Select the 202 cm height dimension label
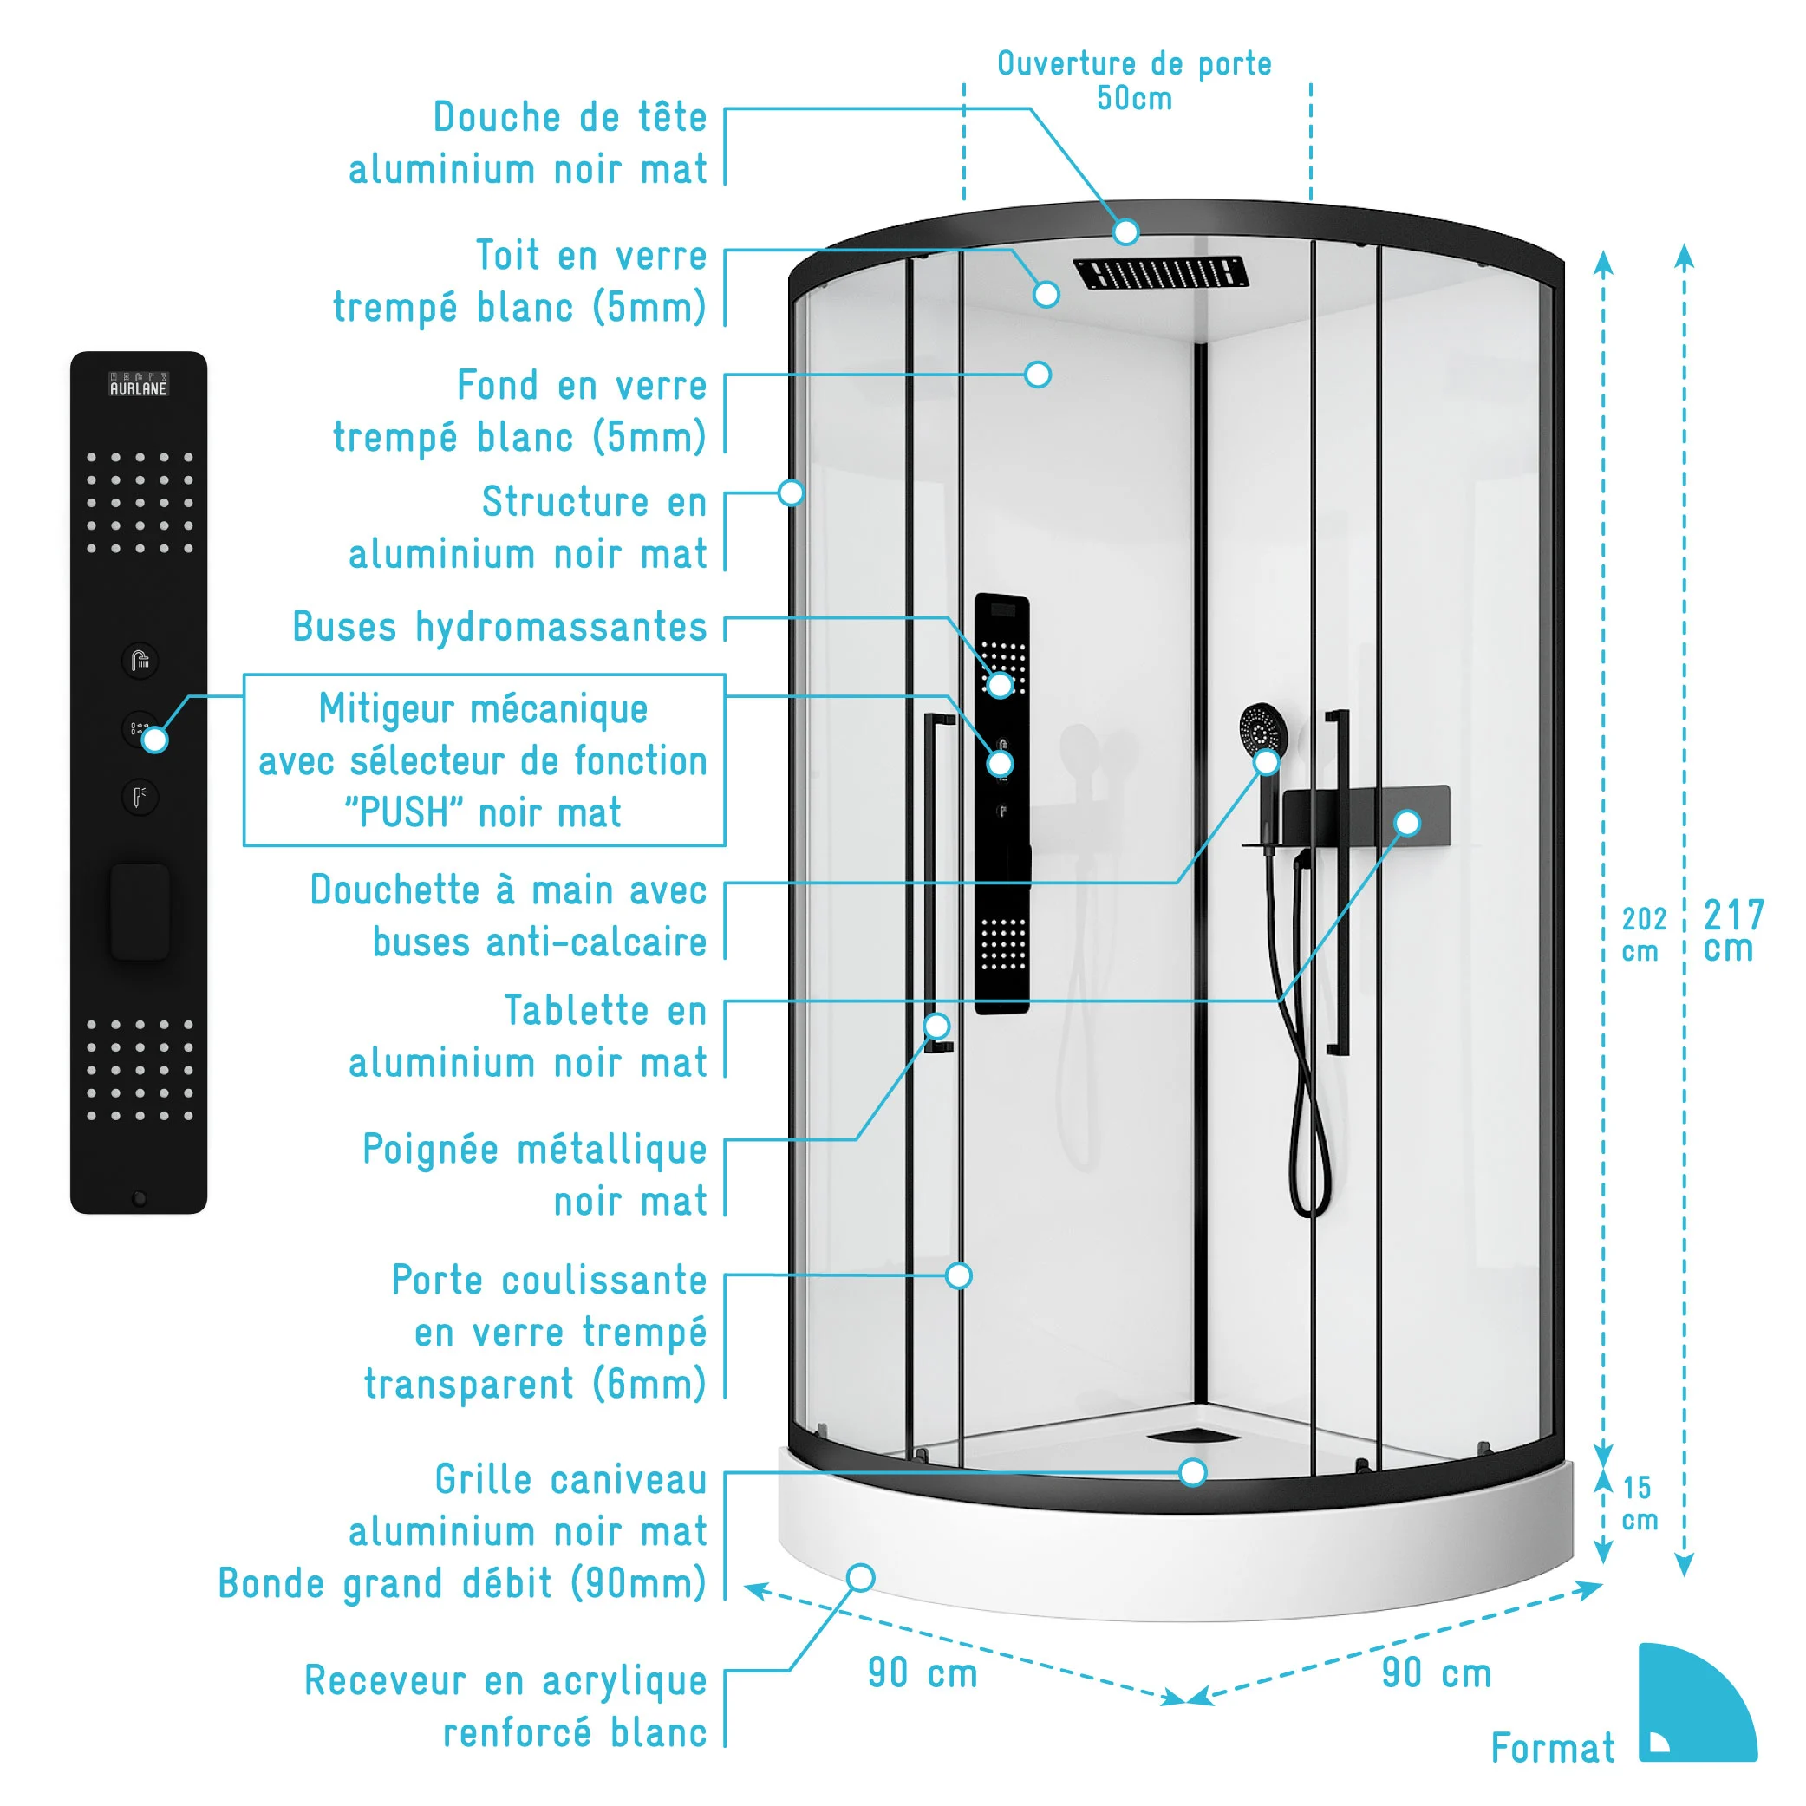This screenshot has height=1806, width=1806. (x=1643, y=934)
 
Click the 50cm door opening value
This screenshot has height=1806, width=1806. (x=1134, y=98)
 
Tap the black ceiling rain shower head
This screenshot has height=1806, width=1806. (x=1160, y=273)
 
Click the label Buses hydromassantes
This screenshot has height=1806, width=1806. (x=500, y=627)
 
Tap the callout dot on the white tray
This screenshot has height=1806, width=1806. (x=860, y=1578)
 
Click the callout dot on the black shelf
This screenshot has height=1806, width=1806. (x=1407, y=823)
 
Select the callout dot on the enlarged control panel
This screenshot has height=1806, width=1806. (x=155, y=740)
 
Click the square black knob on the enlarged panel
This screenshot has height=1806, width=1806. (x=140, y=911)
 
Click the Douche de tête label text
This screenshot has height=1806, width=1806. (x=570, y=118)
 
